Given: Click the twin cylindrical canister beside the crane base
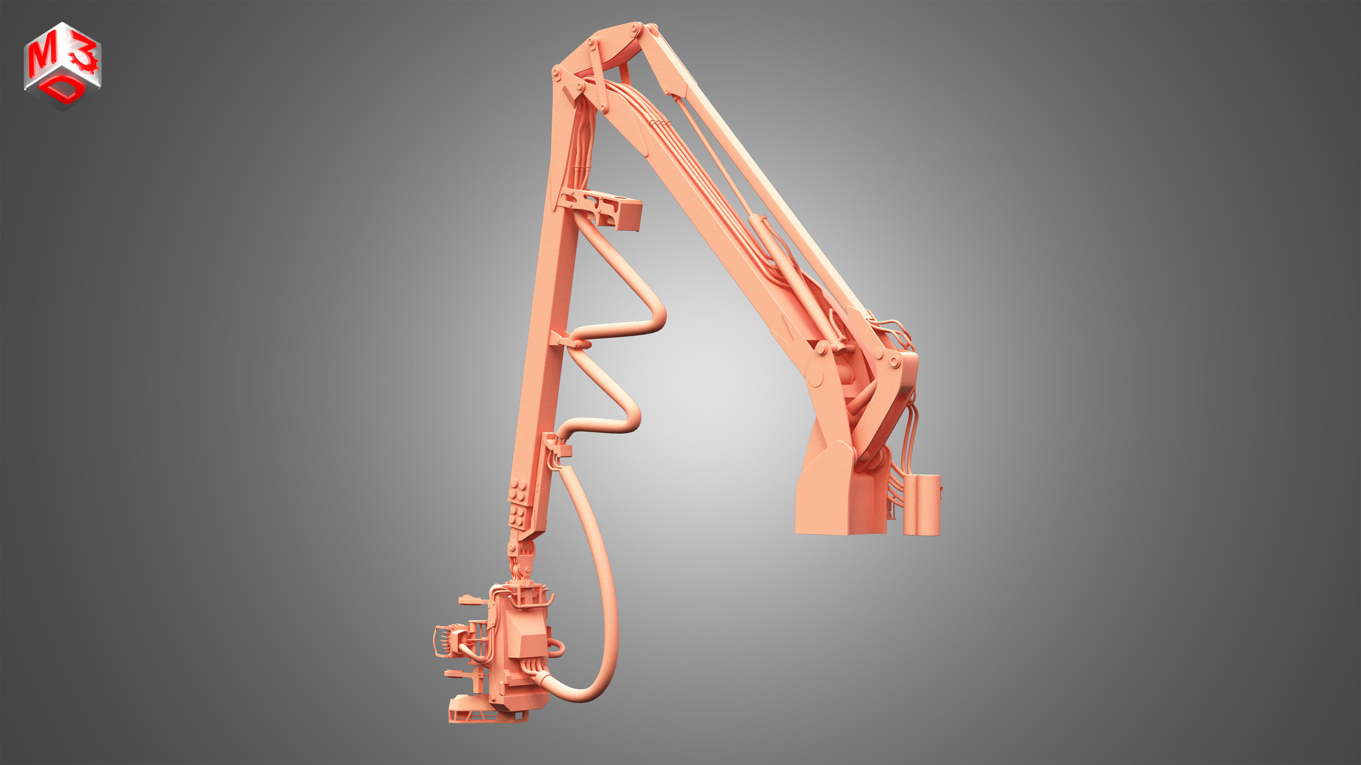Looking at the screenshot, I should (922, 504).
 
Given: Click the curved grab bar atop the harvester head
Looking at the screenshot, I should (550, 599).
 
